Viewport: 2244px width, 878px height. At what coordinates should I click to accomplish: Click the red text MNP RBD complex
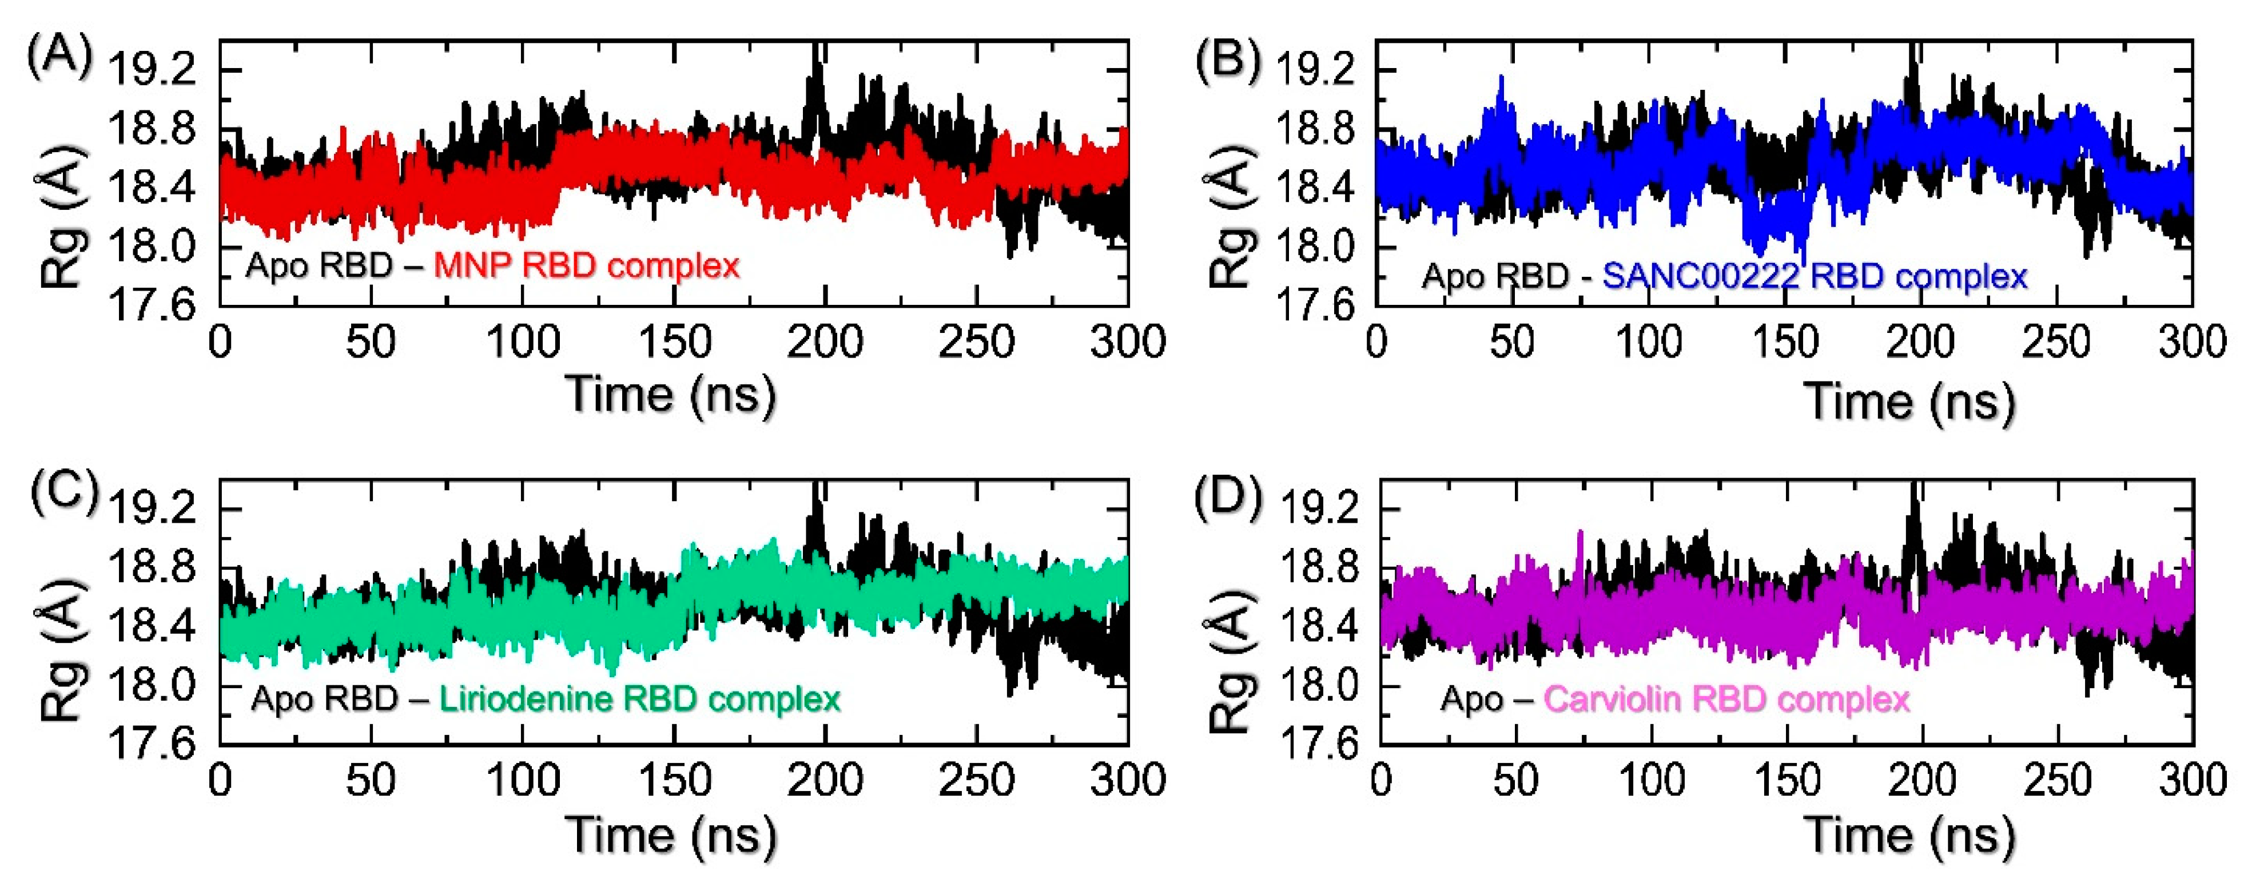pyautogui.click(x=586, y=265)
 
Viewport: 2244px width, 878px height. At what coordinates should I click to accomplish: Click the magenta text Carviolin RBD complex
pyautogui.click(x=1726, y=698)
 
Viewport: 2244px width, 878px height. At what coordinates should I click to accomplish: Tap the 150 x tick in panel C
pyautogui.click(x=674, y=780)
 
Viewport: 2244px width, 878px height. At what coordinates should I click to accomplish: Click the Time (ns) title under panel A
pyautogui.click(x=671, y=394)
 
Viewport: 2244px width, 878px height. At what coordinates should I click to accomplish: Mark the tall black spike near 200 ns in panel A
pyautogui.click(x=815, y=74)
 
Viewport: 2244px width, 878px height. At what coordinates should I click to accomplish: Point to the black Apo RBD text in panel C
pyautogui.click(x=324, y=698)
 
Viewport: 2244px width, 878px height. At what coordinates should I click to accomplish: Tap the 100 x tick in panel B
pyautogui.click(x=1649, y=341)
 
